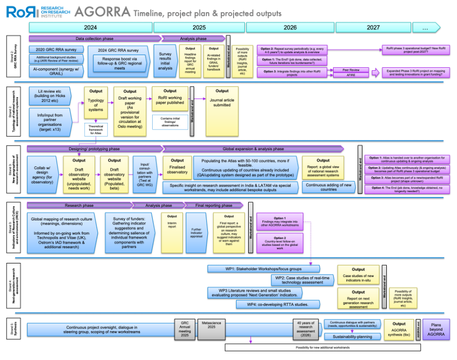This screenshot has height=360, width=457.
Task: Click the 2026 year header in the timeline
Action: coord(290,27)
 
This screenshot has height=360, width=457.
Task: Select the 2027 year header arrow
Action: coord(374,27)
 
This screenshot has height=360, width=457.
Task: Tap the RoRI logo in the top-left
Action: coord(20,11)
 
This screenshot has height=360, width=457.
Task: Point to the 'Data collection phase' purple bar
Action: coord(95,38)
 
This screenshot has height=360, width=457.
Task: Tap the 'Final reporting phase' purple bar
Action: coord(215,205)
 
